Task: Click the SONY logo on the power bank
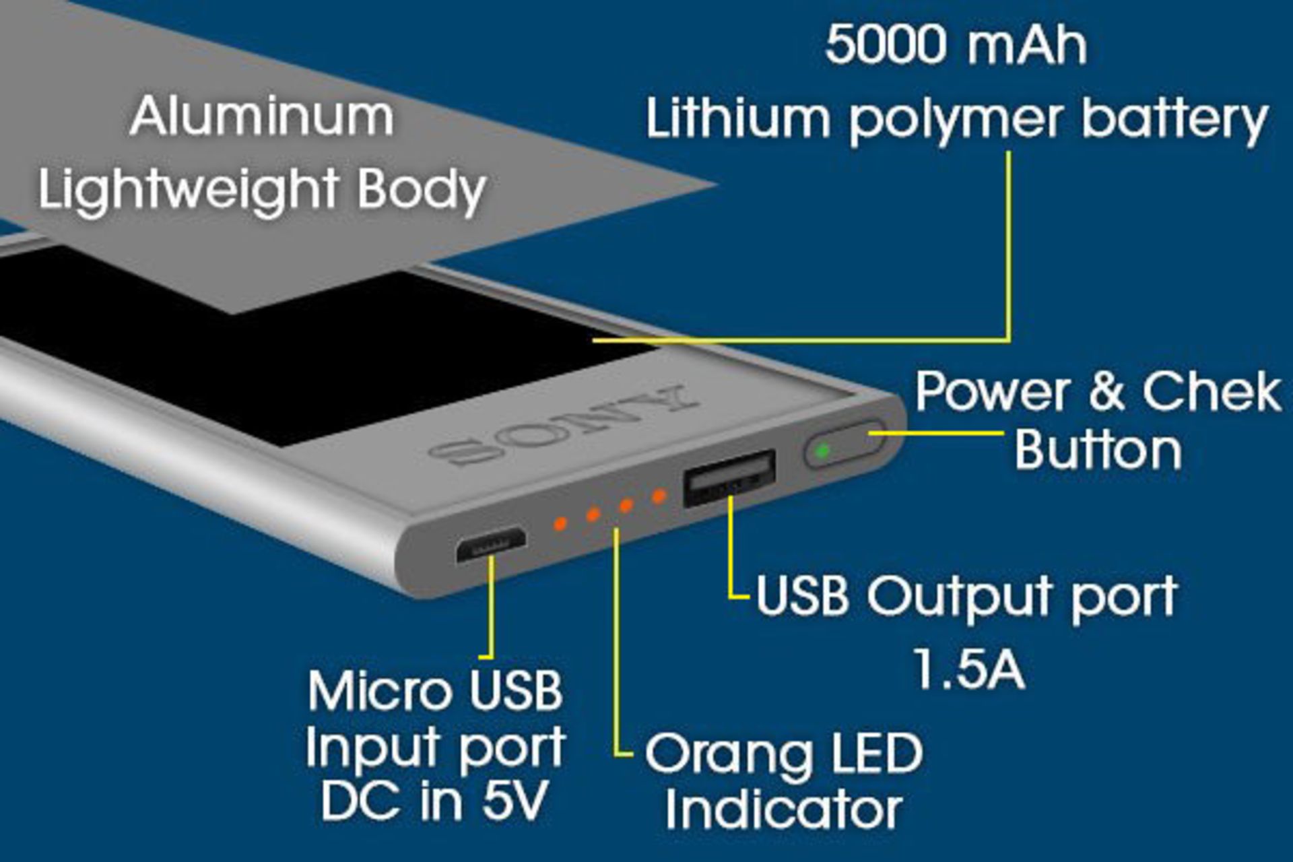pyautogui.click(x=562, y=426)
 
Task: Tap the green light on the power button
pyautogui.click(x=822, y=451)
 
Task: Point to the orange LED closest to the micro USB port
pyautogui.click(x=559, y=523)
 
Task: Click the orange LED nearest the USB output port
pyautogui.click(x=659, y=496)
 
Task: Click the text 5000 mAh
pyautogui.click(x=956, y=45)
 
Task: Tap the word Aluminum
pyautogui.click(x=262, y=117)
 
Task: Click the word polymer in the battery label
pyautogui.click(x=956, y=120)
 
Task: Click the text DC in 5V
pyautogui.click(x=434, y=801)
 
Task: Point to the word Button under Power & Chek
pyautogui.click(x=1098, y=449)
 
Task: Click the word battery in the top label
pyautogui.click(x=1175, y=120)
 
